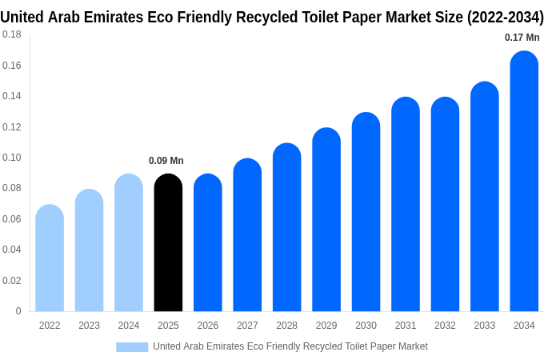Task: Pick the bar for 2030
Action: pyautogui.click(x=366, y=212)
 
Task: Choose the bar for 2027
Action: pyautogui.click(x=247, y=235)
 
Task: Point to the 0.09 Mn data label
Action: pyautogui.click(x=166, y=161)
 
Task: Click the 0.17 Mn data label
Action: pyautogui.click(x=522, y=38)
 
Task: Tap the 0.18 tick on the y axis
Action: pyautogui.click(x=12, y=35)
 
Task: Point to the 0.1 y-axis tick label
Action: pyautogui.click(x=12, y=158)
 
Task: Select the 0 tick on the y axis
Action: pyautogui.click(x=18, y=311)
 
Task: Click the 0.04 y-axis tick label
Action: pyautogui.click(x=12, y=250)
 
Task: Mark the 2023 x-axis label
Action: pyautogui.click(x=89, y=326)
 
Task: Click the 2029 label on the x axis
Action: pyautogui.click(x=326, y=326)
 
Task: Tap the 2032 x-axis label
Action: pyautogui.click(x=445, y=326)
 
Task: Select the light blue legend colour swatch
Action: pyautogui.click(x=132, y=346)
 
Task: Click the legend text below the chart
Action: pyautogui.click(x=290, y=346)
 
